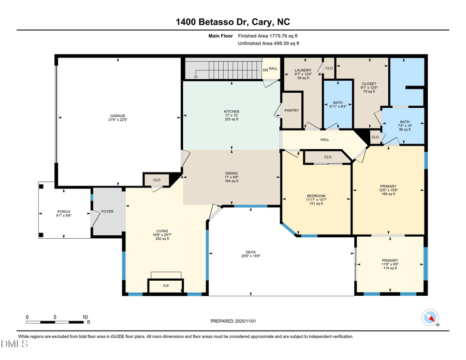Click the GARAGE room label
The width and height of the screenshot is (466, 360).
[117, 116]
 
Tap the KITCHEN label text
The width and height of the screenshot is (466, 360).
[231, 111]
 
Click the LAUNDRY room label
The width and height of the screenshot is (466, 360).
[303, 70]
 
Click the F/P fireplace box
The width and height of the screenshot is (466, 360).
[166, 285]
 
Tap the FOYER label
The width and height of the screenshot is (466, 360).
[107, 211]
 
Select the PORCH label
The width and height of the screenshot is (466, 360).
[63, 211]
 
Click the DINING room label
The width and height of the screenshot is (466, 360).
[231, 174]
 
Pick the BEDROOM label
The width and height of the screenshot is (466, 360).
[316, 196]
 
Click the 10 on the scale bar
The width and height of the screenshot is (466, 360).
[85, 316]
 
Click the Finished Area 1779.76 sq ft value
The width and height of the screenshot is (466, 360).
[268, 36]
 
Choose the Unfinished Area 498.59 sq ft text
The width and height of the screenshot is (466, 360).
[268, 44]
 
